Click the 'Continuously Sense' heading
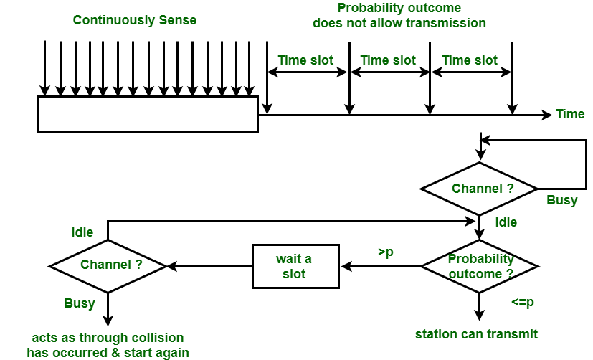click(x=135, y=20)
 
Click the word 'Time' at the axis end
click(x=570, y=114)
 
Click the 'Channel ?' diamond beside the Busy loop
click(x=478, y=189)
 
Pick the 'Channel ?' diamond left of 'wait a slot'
click(x=108, y=265)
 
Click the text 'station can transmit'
click(x=477, y=333)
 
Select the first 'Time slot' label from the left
click(x=305, y=60)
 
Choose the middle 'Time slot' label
click(x=388, y=60)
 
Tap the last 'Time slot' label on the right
click(x=470, y=60)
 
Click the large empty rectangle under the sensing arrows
click(x=147, y=114)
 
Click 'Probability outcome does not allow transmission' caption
click(x=399, y=15)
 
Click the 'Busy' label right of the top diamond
click(x=561, y=200)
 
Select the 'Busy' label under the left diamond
click(x=80, y=303)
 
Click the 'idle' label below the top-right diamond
click(x=506, y=222)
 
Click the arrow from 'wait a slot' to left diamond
click(x=209, y=266)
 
